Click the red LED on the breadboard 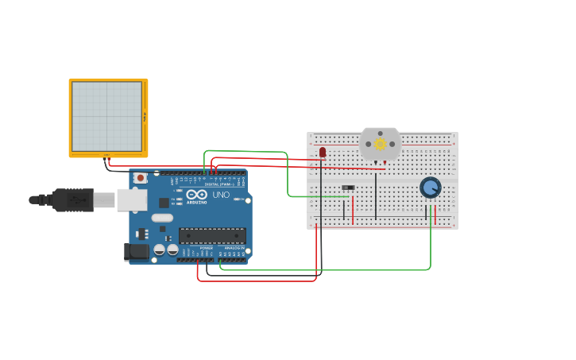point(322,152)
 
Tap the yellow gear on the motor point(380,144)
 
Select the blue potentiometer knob point(430,188)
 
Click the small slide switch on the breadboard point(347,188)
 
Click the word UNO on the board point(221,195)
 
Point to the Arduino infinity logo point(197,195)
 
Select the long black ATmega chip point(212,235)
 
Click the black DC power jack point(137,252)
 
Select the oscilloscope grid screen point(106,116)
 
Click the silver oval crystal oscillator point(162,218)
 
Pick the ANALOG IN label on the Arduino point(234,248)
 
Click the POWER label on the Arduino point(207,248)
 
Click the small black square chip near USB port point(163,203)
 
